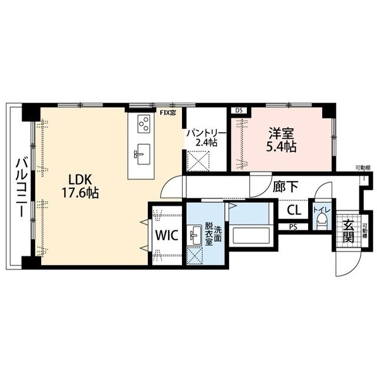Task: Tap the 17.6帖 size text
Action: point(81,193)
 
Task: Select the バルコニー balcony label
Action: point(20,187)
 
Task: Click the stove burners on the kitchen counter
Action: point(143,124)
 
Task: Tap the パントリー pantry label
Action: point(204,133)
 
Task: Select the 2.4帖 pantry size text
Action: point(204,143)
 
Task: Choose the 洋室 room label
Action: point(280,133)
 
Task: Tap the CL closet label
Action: point(295,210)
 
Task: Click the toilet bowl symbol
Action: point(322,221)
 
